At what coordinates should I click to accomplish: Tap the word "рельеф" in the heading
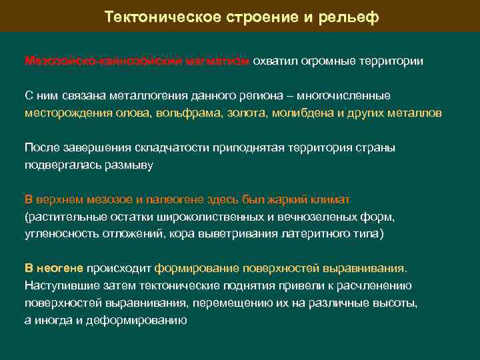point(351,17)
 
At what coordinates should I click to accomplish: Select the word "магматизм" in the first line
point(219,61)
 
